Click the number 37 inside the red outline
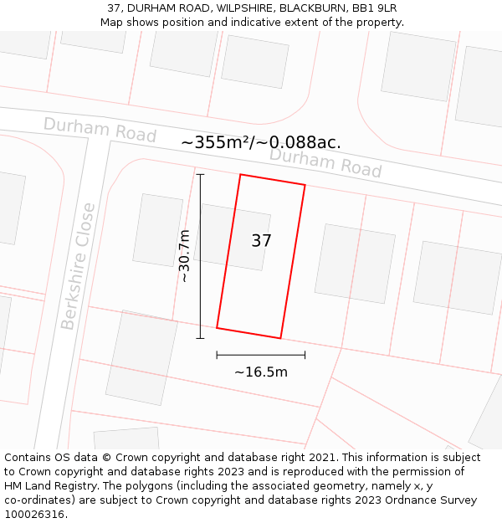(x=261, y=241)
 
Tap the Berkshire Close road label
(x=78, y=266)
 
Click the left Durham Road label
(x=100, y=130)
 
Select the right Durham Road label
(x=325, y=162)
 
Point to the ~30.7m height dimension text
(x=184, y=256)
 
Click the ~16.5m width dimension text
(x=260, y=372)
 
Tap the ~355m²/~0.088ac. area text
(x=261, y=142)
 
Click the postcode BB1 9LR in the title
(x=375, y=8)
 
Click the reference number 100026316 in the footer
(x=33, y=514)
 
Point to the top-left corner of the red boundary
(x=241, y=175)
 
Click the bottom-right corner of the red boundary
(x=280, y=338)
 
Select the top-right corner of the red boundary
(x=305, y=185)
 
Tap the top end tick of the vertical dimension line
(x=200, y=174)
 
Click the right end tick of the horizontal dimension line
(x=305, y=355)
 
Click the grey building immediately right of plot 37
(x=355, y=263)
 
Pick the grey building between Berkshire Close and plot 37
(x=157, y=229)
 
